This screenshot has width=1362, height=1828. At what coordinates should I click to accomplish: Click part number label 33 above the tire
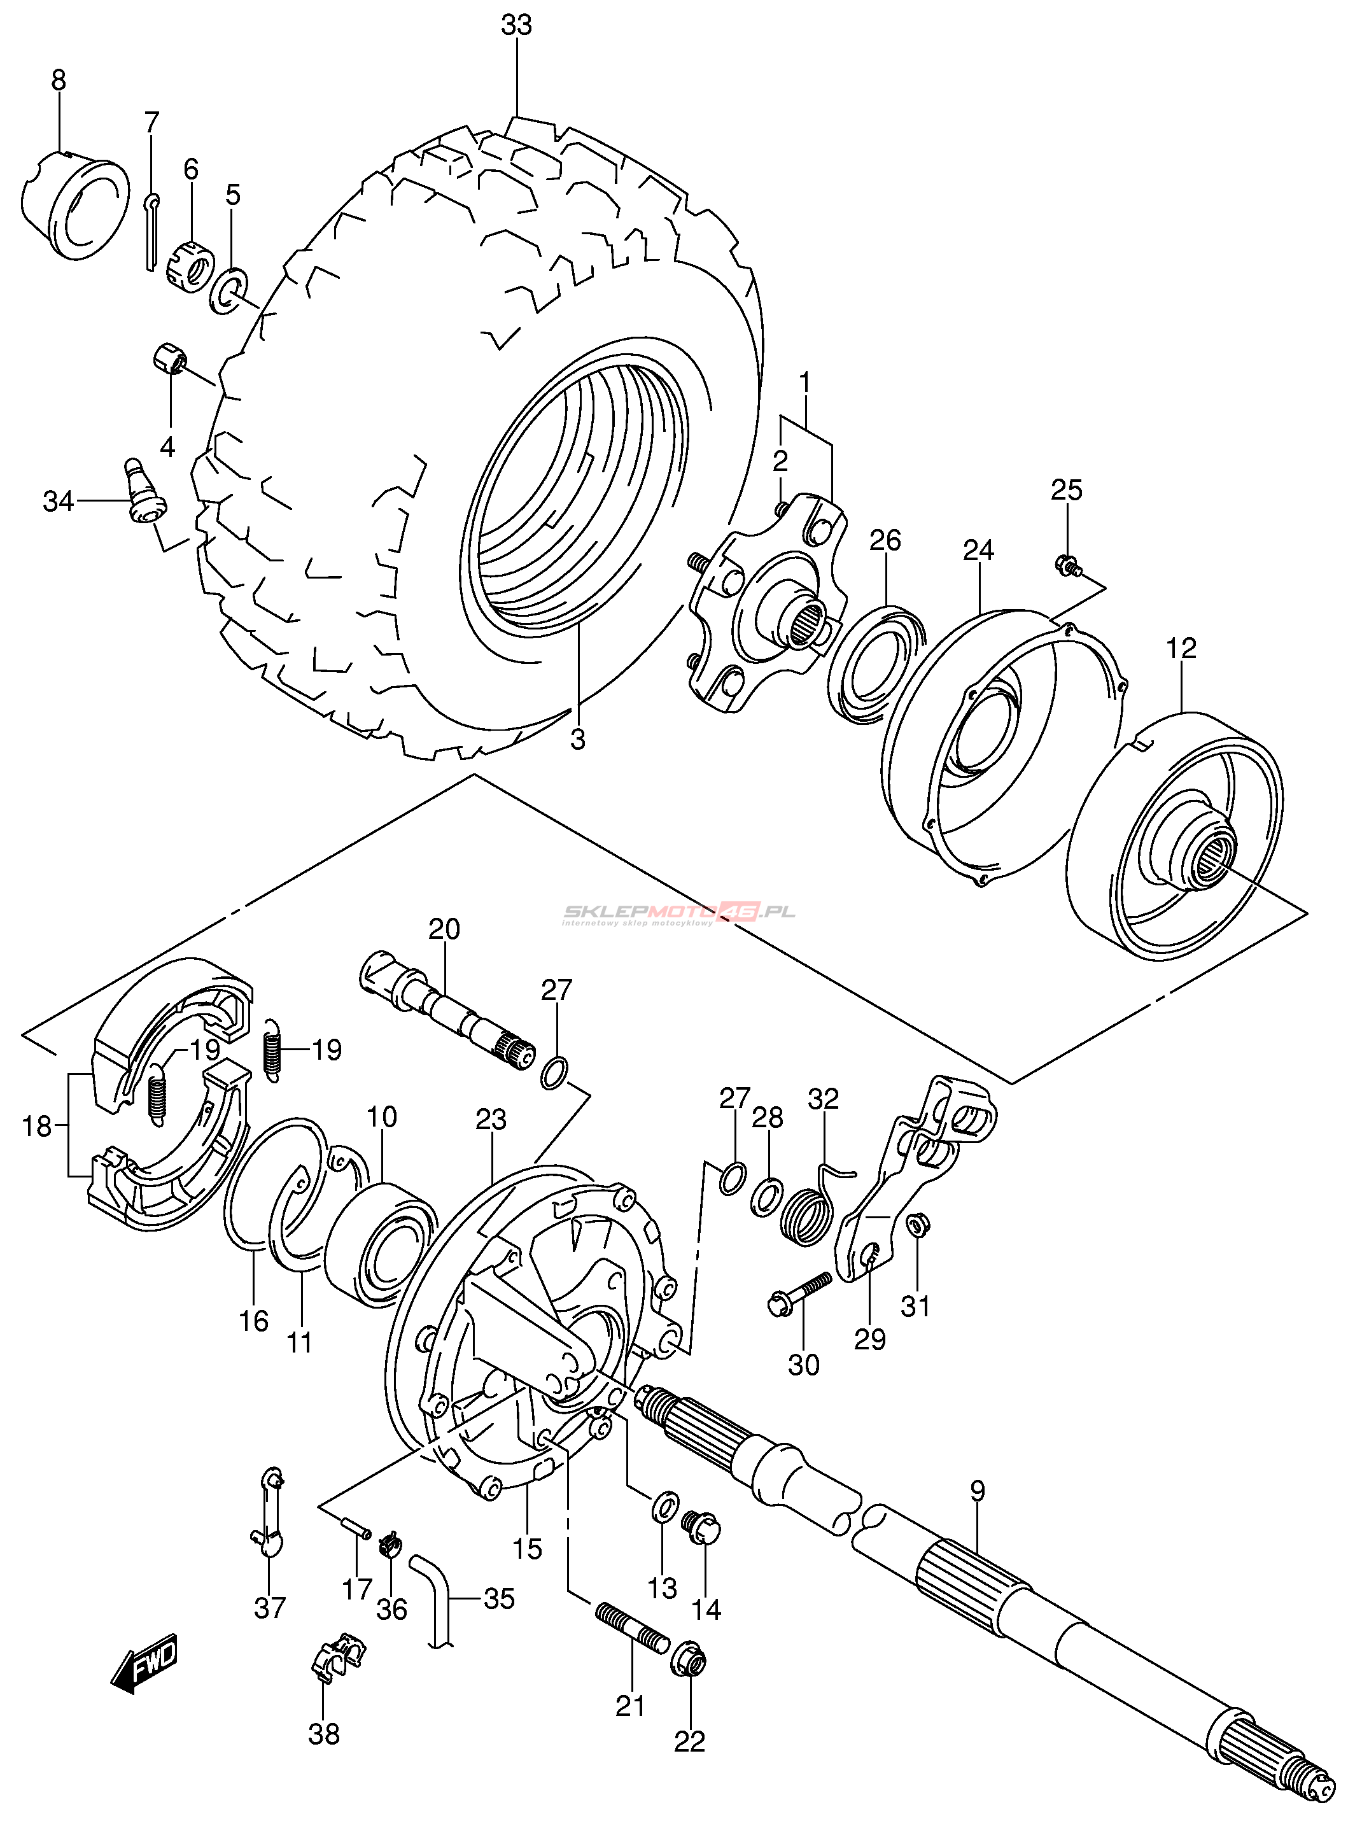pos(517,25)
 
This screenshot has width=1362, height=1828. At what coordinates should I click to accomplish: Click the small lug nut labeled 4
pos(171,360)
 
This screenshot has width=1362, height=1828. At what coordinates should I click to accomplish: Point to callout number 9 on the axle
pos(977,1491)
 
